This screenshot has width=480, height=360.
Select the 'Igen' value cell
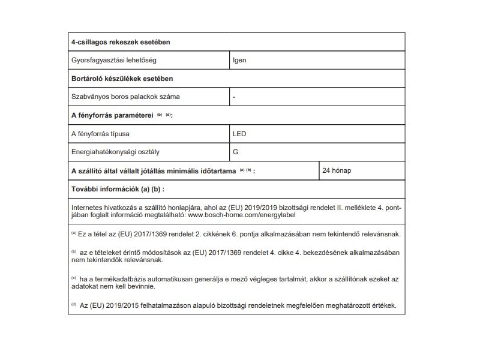(x=239, y=60)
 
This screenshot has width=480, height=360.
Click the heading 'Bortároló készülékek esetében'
(x=123, y=79)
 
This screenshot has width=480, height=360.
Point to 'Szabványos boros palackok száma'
(x=125, y=97)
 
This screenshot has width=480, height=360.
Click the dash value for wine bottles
(x=234, y=97)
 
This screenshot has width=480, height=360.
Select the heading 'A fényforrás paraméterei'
(x=113, y=115)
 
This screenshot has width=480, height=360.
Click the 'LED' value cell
(x=239, y=133)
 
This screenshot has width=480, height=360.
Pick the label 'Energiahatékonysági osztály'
(x=116, y=152)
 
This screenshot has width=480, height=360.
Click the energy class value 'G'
(x=235, y=152)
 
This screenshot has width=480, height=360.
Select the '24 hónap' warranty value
(x=337, y=170)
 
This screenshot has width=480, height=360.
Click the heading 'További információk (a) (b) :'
(x=117, y=189)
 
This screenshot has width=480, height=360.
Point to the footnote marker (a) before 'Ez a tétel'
(x=74, y=233)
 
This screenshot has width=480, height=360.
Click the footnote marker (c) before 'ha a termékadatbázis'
(x=74, y=278)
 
